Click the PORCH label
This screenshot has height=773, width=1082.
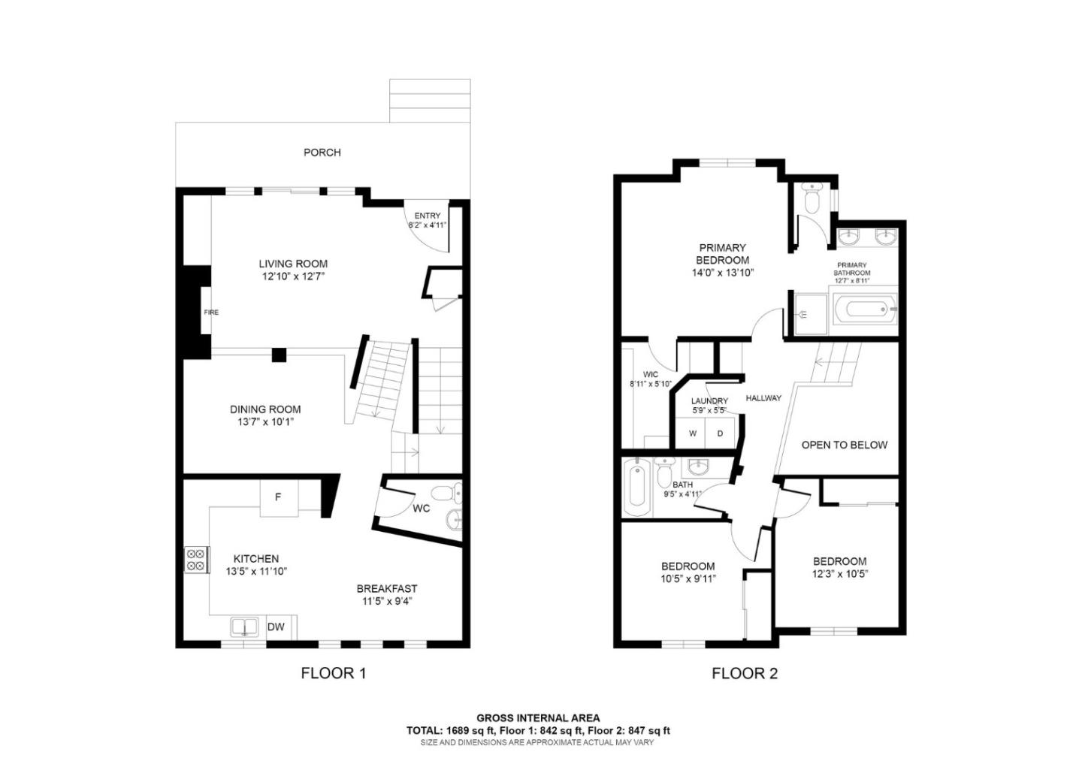[322, 152]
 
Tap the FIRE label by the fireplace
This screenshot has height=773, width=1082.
[211, 313]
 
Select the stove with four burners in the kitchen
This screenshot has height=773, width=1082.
[197, 560]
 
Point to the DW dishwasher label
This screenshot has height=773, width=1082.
[276, 627]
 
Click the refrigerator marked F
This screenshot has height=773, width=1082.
[278, 498]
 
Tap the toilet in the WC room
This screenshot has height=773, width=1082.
[446, 493]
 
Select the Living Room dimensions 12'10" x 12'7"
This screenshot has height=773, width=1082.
[293, 276]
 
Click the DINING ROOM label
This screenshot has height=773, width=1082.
[265, 409]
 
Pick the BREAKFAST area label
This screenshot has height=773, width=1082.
[387, 589]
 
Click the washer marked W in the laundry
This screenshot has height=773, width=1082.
[693, 433]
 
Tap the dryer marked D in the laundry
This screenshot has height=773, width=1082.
[720, 433]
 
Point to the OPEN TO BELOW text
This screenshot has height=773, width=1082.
[845, 445]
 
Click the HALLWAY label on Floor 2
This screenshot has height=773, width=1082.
[763, 398]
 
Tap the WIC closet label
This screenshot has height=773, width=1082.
[651, 374]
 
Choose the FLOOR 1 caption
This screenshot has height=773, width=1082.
[334, 673]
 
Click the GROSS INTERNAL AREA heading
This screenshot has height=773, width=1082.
[538, 718]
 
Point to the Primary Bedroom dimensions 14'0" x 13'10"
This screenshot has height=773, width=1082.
[723, 273]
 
